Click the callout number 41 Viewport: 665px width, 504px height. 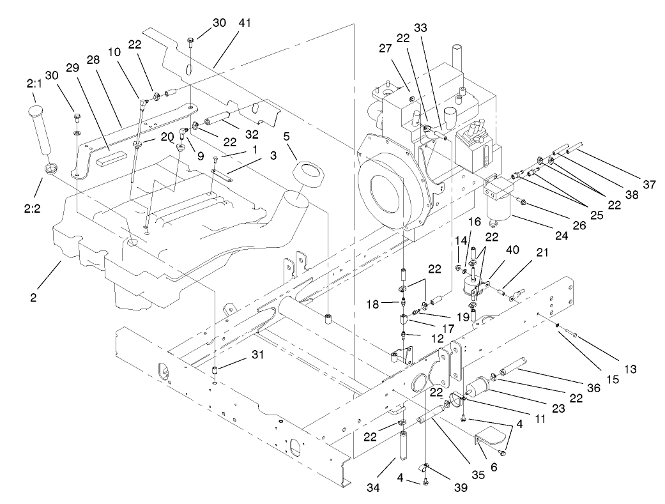tap(245, 22)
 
